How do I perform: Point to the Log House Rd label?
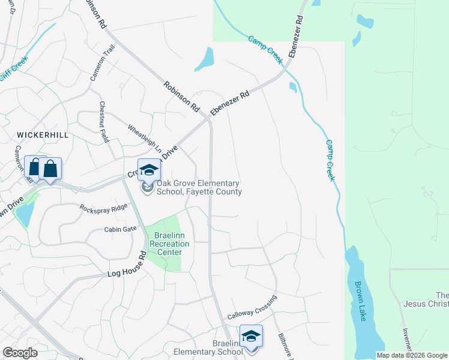(x=127, y=264)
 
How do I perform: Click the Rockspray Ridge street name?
(x=104, y=207)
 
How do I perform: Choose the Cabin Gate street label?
(x=120, y=229)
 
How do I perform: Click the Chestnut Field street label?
(x=103, y=122)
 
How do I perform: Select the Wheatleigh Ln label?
(x=145, y=137)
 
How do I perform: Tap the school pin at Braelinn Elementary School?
(x=251, y=336)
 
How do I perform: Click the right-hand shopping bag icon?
(x=50, y=169)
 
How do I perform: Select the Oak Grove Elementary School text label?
(x=199, y=187)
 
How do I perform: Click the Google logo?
(x=20, y=353)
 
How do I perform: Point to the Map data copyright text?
(x=411, y=355)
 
